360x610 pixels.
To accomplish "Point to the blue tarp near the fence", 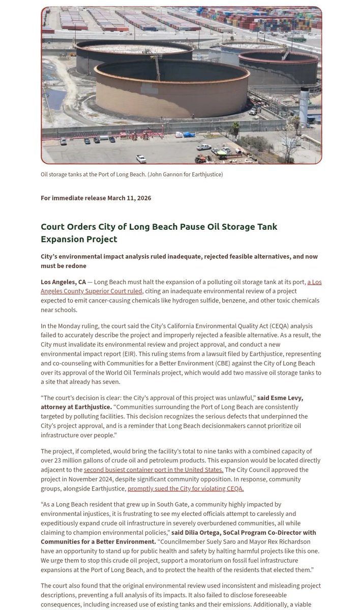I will (x=189, y=135).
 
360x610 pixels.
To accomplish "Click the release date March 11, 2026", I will (x=129, y=198).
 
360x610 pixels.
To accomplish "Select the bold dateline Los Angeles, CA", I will (x=63, y=282).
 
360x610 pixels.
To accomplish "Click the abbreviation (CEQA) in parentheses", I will (x=258, y=325).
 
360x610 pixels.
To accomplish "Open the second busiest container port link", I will (x=154, y=470).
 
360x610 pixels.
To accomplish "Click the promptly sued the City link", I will (x=186, y=489).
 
